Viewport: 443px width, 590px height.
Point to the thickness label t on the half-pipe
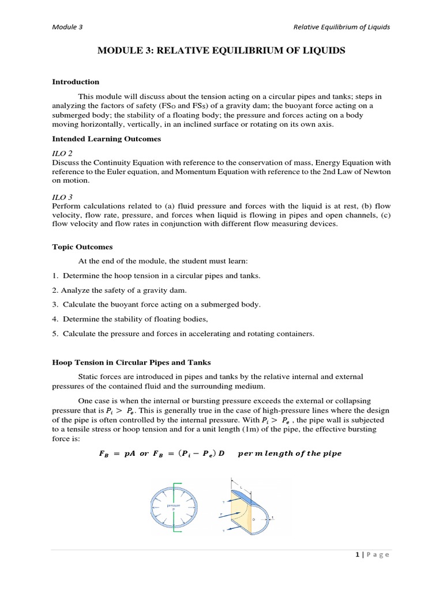click(x=272, y=517)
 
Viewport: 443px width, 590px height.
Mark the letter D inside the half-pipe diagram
click(x=253, y=520)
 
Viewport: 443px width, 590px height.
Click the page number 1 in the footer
click(x=358, y=554)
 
